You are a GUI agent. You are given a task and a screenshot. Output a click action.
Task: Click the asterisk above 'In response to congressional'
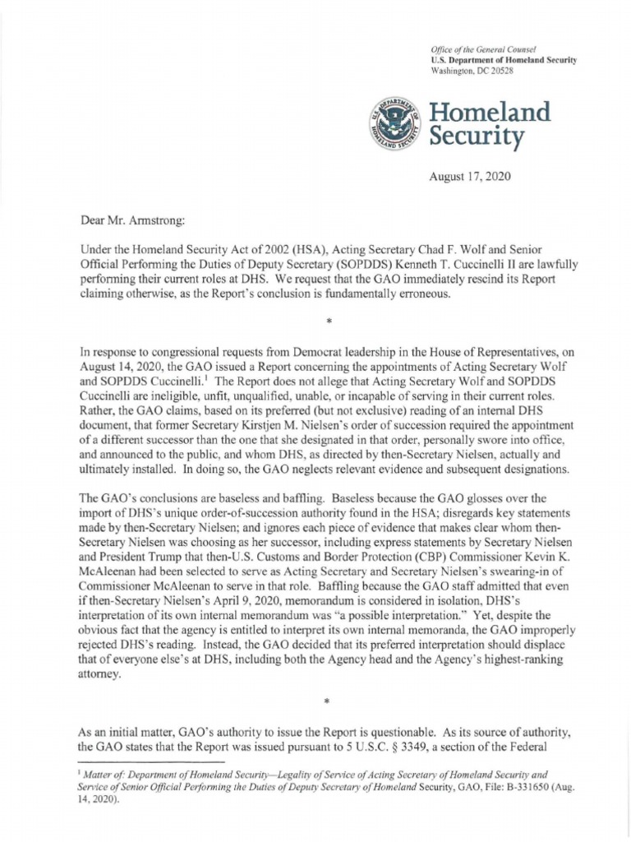click(x=327, y=315)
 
